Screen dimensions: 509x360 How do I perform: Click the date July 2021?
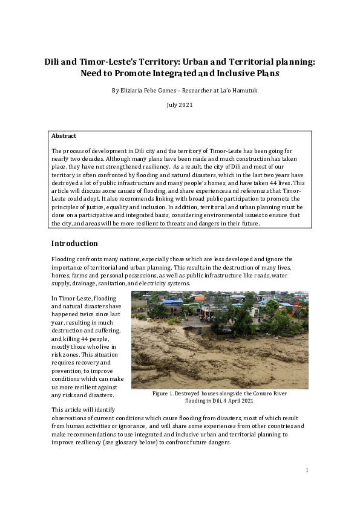[x=180, y=105]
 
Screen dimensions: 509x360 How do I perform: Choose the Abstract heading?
[x=64, y=136]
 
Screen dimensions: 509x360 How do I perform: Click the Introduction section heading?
[x=74, y=244]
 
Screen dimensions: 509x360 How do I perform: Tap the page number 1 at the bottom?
[x=307, y=470]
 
